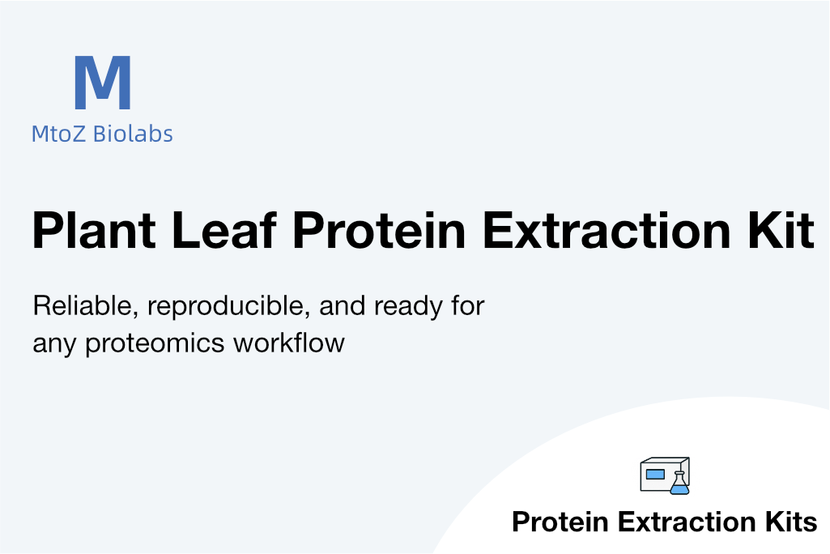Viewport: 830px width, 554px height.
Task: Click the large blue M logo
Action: pos(103,82)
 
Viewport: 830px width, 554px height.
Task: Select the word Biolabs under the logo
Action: pos(133,134)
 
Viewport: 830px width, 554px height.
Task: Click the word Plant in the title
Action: pos(94,230)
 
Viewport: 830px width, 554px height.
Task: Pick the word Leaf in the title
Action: pos(224,230)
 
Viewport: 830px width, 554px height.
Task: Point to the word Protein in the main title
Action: pos(379,230)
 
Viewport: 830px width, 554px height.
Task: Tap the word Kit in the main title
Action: pos(781,230)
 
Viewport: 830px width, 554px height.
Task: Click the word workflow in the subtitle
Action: pos(289,343)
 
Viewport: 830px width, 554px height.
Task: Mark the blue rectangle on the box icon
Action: pos(655,474)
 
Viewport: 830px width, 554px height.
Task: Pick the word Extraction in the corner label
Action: pos(687,522)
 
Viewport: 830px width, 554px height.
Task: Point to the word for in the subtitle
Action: pos(468,305)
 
